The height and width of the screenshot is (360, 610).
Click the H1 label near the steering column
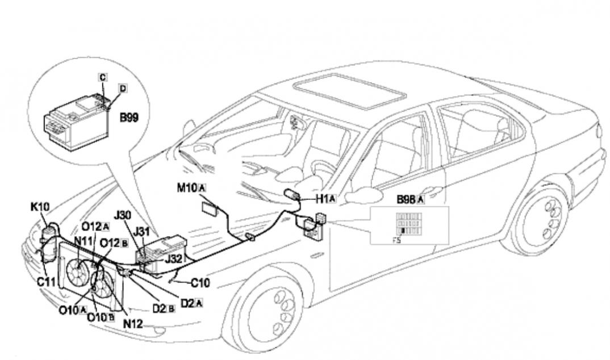322,198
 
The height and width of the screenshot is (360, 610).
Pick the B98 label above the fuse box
407,199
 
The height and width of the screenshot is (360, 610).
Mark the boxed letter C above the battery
103,77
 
